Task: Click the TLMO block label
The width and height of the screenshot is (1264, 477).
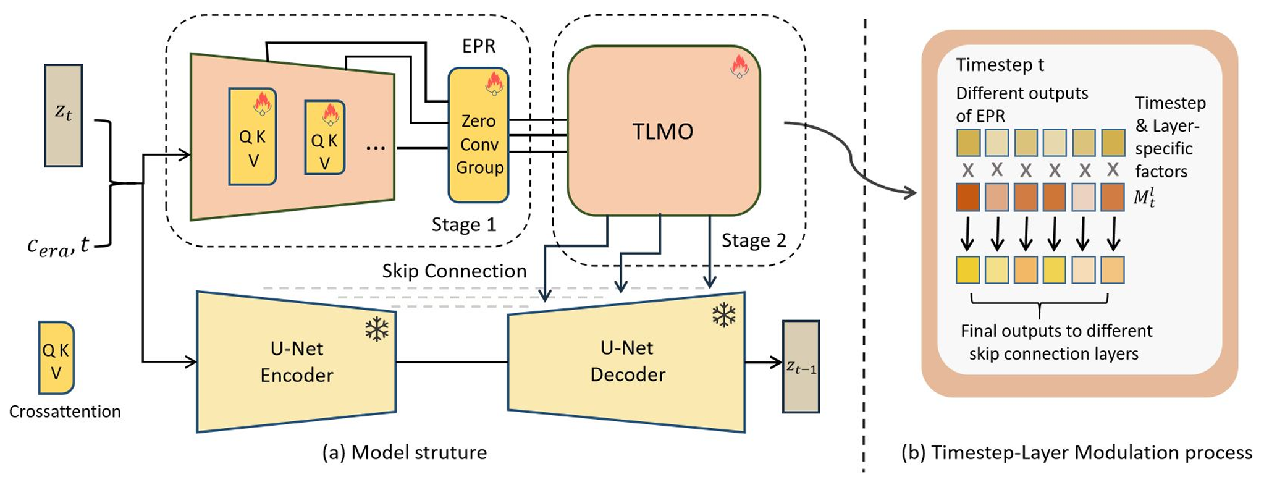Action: [662, 132]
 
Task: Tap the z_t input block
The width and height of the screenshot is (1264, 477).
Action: [63, 115]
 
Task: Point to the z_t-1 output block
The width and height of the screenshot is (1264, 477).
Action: [801, 366]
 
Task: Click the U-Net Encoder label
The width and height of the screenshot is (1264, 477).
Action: [297, 361]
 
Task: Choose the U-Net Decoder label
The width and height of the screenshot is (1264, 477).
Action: [627, 361]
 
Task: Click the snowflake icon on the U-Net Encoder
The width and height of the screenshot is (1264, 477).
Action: [376, 329]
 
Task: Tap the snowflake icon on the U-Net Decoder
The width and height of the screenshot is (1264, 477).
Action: [723, 315]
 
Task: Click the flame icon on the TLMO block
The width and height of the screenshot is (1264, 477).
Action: [739, 66]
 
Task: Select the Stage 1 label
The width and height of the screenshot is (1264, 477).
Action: [463, 225]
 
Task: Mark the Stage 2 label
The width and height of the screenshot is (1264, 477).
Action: [754, 240]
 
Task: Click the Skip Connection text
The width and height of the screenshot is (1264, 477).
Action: [454, 271]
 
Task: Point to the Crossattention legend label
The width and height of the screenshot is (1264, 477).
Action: [65, 412]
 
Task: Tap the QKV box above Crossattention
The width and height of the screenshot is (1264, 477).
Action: [56, 358]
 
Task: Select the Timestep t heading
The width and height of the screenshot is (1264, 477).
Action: [1000, 65]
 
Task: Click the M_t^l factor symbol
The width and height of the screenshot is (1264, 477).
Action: [1144, 197]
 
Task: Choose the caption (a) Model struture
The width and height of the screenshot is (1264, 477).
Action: [404, 453]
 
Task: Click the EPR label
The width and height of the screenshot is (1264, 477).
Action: [479, 46]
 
